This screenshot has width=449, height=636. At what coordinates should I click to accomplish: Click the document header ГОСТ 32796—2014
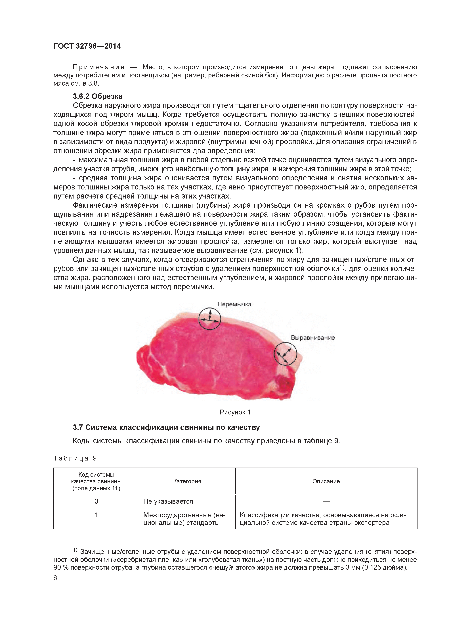(x=87, y=46)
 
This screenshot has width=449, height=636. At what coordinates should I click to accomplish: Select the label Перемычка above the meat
(x=234, y=304)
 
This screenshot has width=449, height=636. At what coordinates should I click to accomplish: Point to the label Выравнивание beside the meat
(x=313, y=337)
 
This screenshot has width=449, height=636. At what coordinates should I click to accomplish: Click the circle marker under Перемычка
(x=210, y=319)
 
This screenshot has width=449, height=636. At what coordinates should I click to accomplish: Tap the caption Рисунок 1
(x=235, y=412)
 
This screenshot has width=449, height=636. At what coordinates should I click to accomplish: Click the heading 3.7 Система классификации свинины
(x=166, y=428)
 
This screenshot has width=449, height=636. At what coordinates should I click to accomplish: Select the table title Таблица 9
(x=75, y=458)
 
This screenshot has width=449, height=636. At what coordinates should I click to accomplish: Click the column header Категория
(x=187, y=481)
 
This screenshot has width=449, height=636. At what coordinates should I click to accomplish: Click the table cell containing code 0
(x=96, y=501)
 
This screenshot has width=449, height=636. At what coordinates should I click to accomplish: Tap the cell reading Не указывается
(x=168, y=501)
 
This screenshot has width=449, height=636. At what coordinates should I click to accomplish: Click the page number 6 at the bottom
(x=55, y=578)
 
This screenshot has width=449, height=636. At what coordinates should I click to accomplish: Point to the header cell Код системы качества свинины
(x=96, y=481)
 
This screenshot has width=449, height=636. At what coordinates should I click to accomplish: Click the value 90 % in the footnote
(x=61, y=568)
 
